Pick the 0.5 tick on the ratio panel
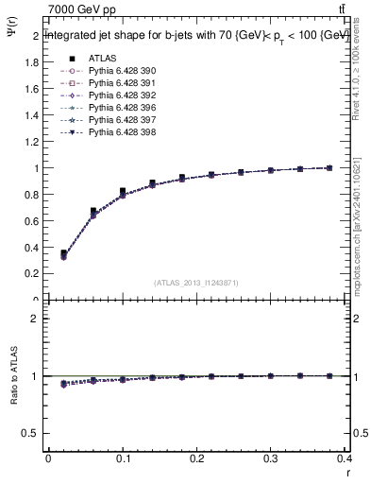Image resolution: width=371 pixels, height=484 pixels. point(31,433)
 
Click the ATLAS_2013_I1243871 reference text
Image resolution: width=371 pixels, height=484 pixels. point(195,283)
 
